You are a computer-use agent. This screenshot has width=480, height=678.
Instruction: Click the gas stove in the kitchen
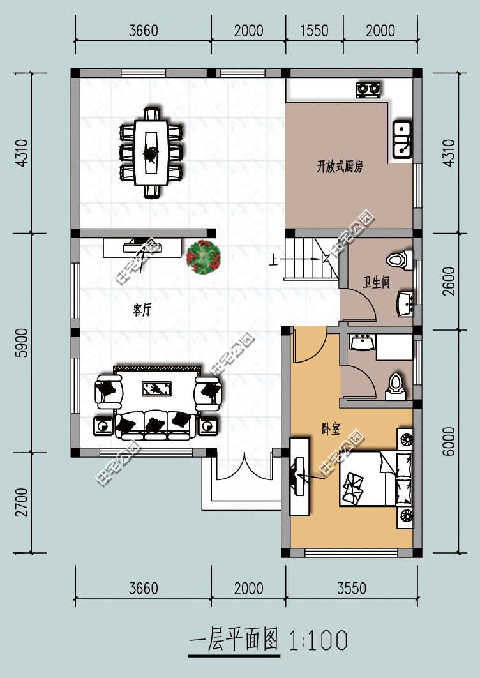369,89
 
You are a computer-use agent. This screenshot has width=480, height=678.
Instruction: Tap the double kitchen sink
401,139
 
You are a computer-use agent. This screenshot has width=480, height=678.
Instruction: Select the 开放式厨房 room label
340,167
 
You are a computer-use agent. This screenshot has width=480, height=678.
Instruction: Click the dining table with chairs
151,153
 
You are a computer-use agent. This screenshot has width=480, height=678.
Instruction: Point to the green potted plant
204,257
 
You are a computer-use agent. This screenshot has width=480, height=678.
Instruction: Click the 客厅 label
142,310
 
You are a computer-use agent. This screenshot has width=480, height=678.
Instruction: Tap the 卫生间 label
376,283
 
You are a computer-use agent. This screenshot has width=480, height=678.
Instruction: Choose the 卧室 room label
331,429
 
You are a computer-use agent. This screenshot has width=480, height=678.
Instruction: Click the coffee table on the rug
156,388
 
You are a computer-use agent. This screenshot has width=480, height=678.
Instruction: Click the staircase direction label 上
273,260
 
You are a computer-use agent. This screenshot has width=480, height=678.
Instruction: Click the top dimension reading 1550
315,31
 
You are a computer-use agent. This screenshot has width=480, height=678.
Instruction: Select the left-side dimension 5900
23,342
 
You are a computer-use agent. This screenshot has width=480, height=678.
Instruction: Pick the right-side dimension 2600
449,282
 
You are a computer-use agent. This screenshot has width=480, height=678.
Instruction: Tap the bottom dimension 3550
352,588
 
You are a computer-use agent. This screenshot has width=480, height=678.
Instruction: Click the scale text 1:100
319,640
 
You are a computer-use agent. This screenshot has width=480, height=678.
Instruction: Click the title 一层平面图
234,640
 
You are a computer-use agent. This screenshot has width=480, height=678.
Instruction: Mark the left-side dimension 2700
21,502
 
